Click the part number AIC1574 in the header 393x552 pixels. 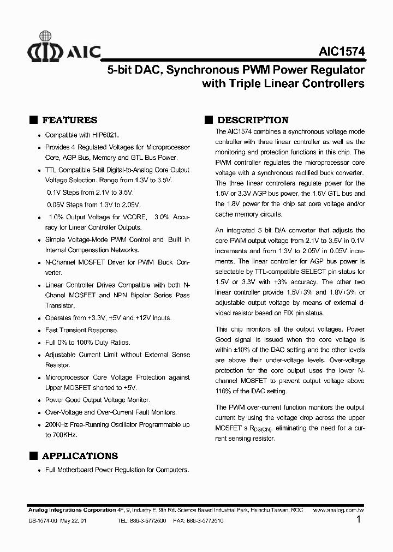(341, 51)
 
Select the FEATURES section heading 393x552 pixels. (70, 121)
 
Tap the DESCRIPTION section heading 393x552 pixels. (253, 121)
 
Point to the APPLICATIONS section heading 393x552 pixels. (80, 456)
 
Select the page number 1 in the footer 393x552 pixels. (358, 520)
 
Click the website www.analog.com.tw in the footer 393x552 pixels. (339, 509)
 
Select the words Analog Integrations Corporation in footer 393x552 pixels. (72, 509)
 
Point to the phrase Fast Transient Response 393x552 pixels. (81, 330)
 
